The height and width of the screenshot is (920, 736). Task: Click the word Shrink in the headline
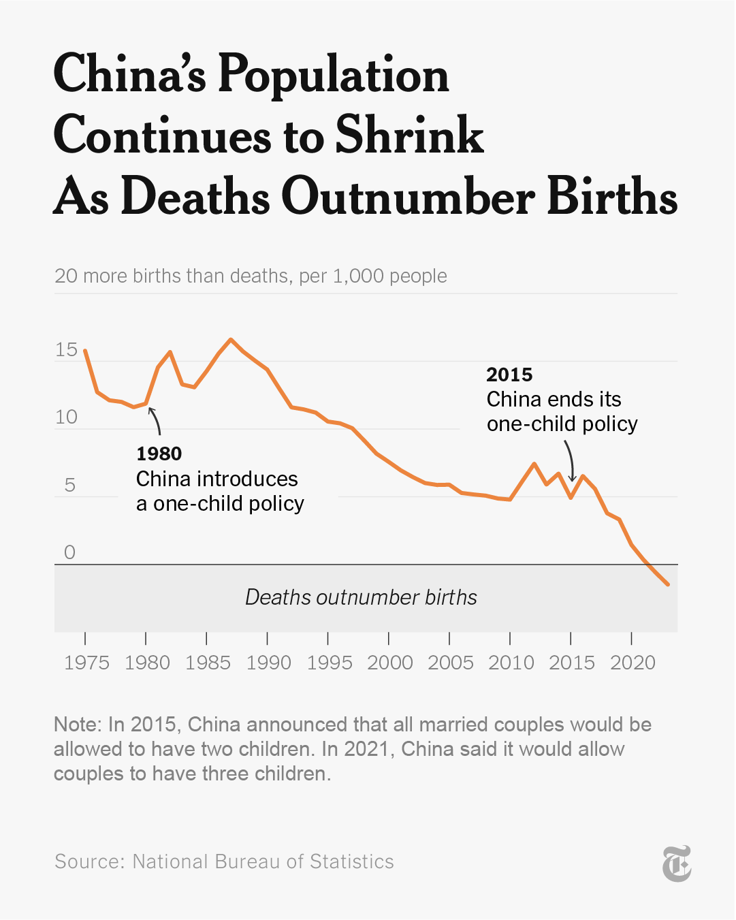click(409, 135)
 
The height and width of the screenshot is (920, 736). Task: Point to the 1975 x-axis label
click(86, 663)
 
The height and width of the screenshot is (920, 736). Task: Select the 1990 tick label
click(268, 663)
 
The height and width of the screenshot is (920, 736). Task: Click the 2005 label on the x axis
click(450, 663)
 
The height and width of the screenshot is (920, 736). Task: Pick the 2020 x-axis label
click(633, 663)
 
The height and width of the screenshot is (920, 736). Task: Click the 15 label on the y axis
click(66, 350)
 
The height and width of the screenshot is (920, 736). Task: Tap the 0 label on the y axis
click(69, 552)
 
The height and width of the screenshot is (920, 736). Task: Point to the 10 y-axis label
click(66, 417)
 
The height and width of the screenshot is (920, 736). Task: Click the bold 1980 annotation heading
click(159, 454)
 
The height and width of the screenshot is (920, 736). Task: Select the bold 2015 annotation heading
click(509, 375)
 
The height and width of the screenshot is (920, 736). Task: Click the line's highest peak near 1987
click(231, 339)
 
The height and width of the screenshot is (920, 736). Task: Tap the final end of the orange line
click(668, 584)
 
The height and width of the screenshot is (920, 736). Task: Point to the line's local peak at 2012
click(534, 464)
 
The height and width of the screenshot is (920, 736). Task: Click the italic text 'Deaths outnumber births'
click(361, 597)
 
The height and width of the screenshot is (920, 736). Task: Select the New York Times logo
click(677, 863)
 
